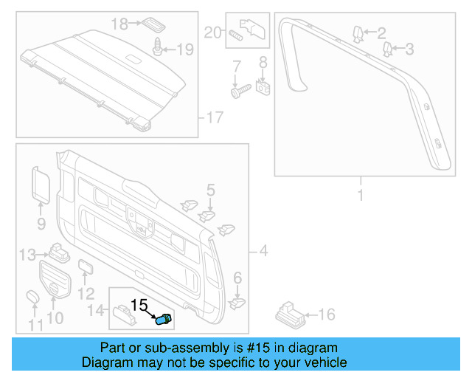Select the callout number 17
click(213, 117)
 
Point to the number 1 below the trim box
click(361, 196)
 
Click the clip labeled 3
click(387, 49)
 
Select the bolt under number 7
click(237, 92)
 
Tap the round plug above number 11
click(33, 297)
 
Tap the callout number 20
click(212, 32)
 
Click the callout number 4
click(263, 252)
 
